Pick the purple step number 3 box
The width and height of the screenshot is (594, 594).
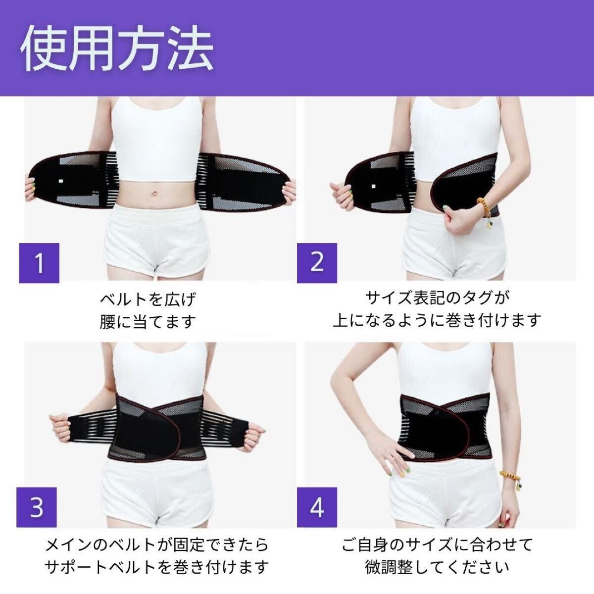[37, 508]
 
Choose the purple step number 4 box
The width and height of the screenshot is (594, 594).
[317, 508]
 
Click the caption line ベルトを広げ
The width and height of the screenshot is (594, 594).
[148, 300]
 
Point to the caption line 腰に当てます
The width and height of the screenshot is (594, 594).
[148, 322]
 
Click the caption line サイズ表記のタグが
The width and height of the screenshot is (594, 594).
[438, 297]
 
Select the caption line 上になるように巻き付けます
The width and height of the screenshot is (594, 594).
[438, 320]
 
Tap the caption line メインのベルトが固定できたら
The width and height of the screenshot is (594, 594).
[157, 545]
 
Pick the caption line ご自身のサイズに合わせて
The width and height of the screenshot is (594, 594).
[438, 545]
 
